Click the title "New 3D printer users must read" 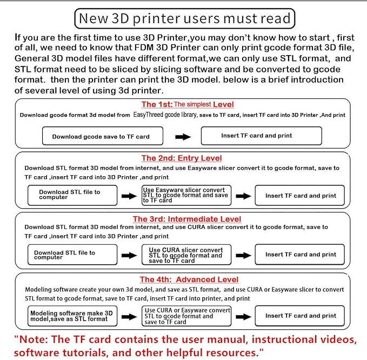tap(185, 18)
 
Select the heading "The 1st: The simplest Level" tap(188, 104)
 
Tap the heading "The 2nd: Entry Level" tap(182, 158)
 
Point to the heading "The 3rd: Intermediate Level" tap(187, 219)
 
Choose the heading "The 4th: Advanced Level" tap(189, 279)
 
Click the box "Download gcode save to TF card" tap(103, 136)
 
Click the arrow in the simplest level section tap(183, 137)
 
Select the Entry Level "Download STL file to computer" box tap(72, 195)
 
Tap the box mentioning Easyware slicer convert tap(186, 195)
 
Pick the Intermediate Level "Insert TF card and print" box tap(299, 255)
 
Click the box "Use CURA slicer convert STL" tap(186, 255)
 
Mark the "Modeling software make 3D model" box tap(72, 316)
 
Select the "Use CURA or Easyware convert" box tap(186, 316)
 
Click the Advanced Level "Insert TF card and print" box tap(299, 316)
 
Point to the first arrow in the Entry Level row tap(129, 196)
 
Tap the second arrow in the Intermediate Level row tap(243, 255)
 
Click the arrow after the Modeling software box tap(129, 317)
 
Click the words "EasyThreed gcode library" tap(165, 115)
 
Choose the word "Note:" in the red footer tap(34, 339)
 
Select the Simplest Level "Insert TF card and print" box tap(262, 136)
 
